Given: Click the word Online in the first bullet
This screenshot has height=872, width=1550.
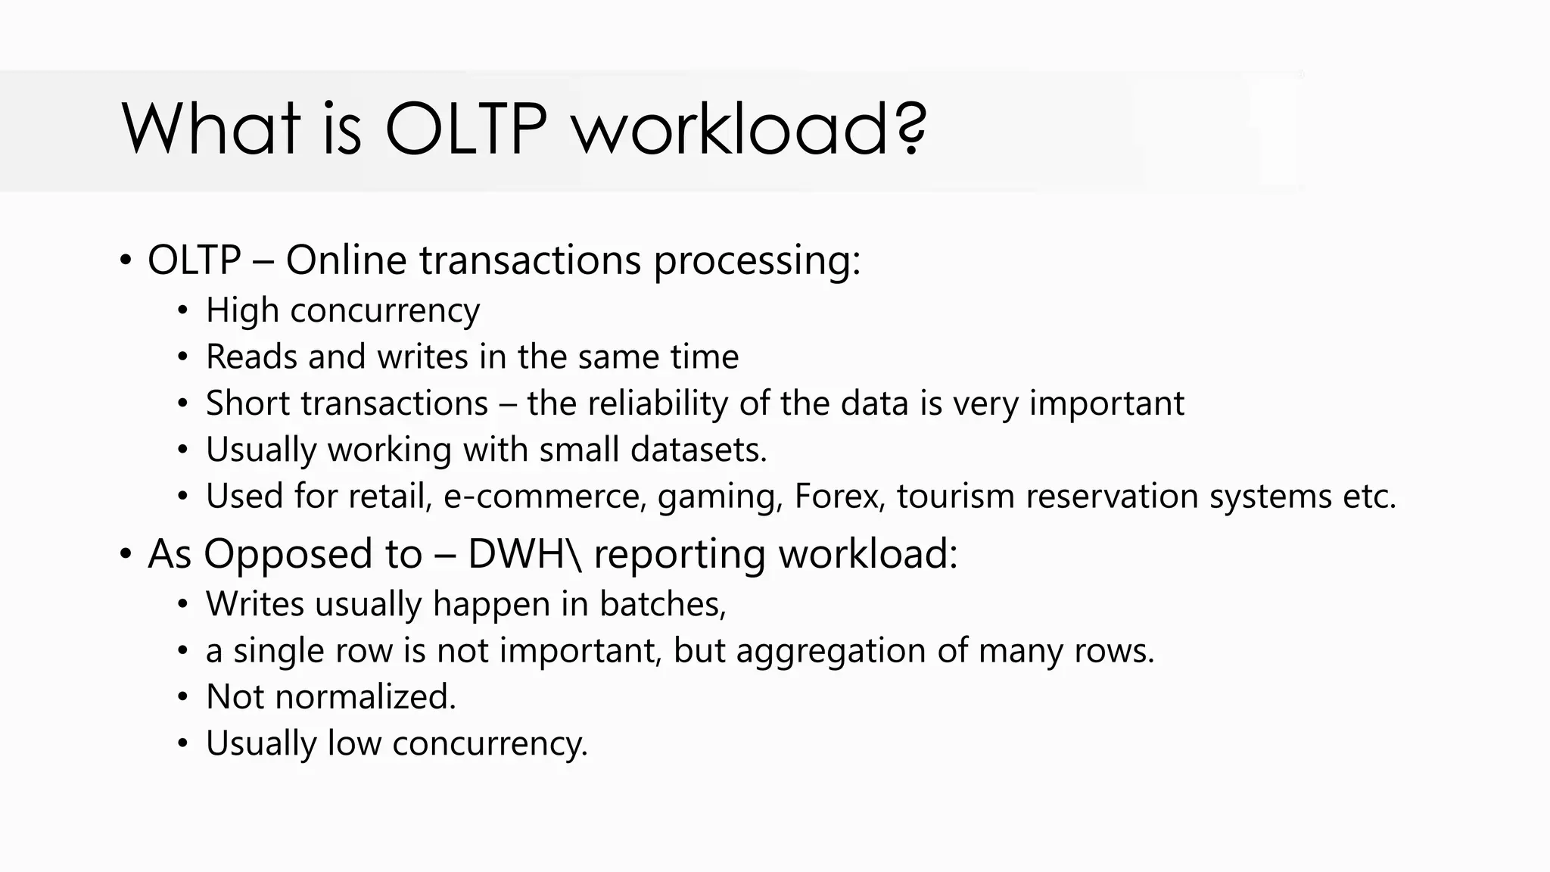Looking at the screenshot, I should point(346,260).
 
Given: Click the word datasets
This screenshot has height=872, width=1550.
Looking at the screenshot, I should point(699,450).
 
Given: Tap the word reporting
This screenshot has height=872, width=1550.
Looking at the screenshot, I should point(680,555).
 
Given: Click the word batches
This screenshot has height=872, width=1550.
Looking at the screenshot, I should point(662,604).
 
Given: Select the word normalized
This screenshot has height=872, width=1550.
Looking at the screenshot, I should point(366,696).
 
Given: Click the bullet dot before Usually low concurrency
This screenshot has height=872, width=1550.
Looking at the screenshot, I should point(182,743).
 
